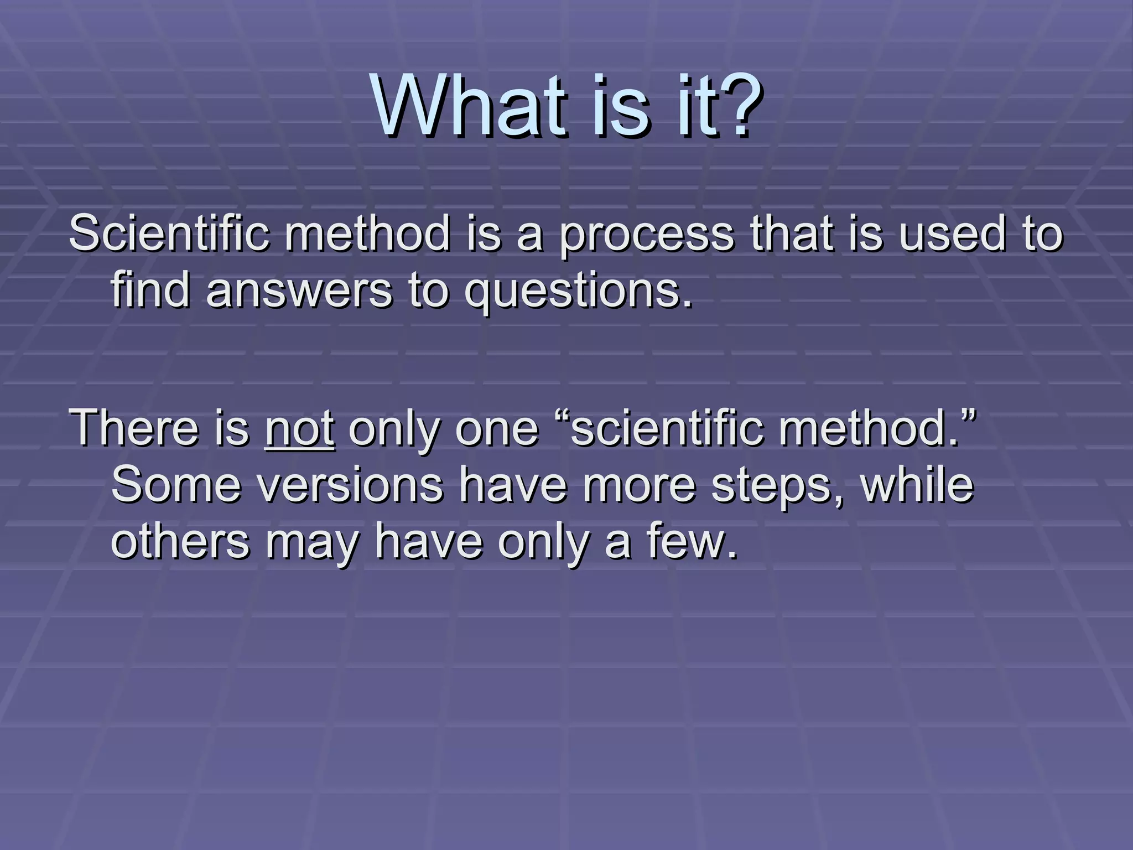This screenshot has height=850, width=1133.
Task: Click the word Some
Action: click(x=176, y=485)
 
